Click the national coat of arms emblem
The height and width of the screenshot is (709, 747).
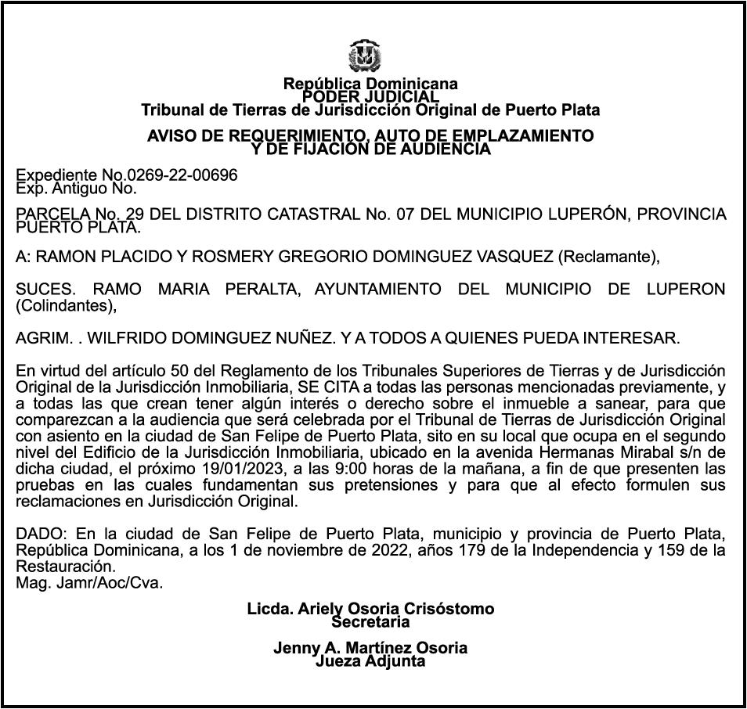pos(365,56)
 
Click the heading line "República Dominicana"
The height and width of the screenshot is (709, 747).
pos(370,83)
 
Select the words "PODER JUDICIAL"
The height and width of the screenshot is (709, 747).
pos(370,96)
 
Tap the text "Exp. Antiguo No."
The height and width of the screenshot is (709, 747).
pos(77,188)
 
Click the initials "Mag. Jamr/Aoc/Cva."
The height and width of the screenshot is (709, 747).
pos(90,583)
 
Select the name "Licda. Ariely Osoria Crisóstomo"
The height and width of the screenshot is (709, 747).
pos(370,609)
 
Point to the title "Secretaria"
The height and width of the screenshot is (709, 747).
pos(370,623)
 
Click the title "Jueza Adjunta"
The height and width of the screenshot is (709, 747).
pos(370,661)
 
